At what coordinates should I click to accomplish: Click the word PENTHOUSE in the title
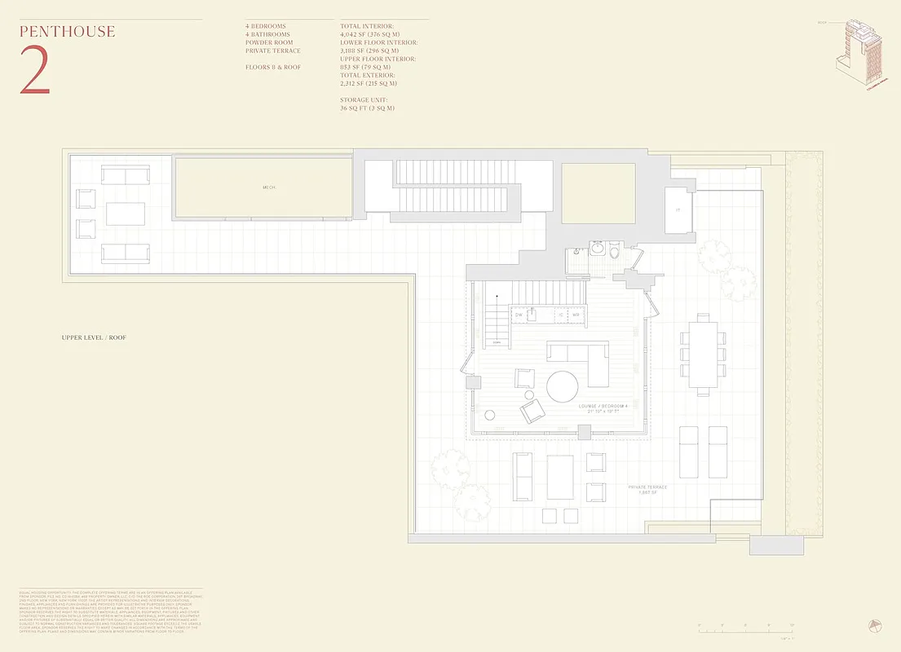click(x=67, y=33)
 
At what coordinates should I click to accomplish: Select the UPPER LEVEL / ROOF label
click(x=94, y=337)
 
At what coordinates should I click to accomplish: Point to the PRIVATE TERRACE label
click(x=647, y=487)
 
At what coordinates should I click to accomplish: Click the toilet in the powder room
click(x=614, y=251)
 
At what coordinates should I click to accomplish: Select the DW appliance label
click(x=519, y=314)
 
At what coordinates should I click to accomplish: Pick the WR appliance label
click(x=576, y=314)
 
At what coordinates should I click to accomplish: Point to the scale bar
click(x=745, y=628)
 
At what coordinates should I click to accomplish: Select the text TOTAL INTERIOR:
click(x=367, y=27)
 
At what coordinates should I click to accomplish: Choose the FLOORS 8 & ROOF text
click(x=273, y=67)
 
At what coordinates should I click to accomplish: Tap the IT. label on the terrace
click(x=678, y=209)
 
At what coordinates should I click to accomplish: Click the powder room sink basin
click(x=596, y=248)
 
